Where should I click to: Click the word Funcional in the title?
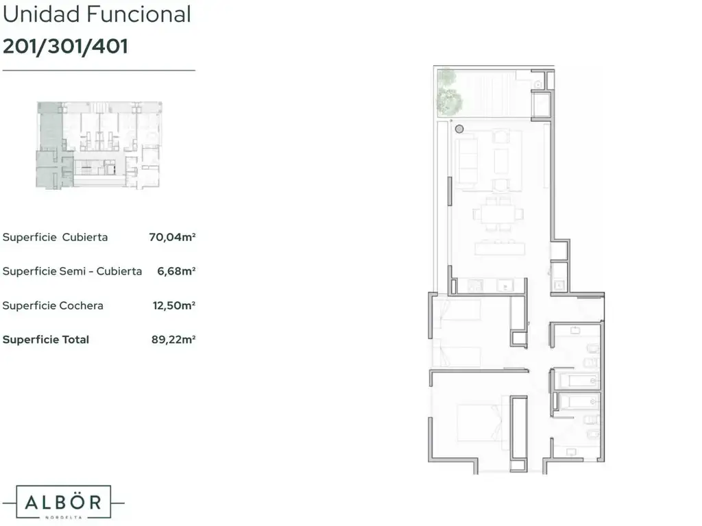[x=138, y=14]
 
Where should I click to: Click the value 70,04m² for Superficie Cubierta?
[x=172, y=237]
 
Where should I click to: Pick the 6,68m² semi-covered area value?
[x=176, y=271]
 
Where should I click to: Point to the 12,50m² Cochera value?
[x=174, y=305]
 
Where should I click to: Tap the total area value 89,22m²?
[x=173, y=340]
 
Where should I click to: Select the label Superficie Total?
[x=46, y=340]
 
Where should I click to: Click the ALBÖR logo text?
[x=63, y=502]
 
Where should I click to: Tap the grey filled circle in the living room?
[x=459, y=129]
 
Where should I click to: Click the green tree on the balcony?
[x=450, y=92]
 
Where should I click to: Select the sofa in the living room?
[x=466, y=162]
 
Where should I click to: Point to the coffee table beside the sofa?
[x=501, y=161]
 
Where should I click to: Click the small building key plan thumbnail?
[x=99, y=145]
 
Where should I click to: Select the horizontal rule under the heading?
[x=99, y=71]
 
